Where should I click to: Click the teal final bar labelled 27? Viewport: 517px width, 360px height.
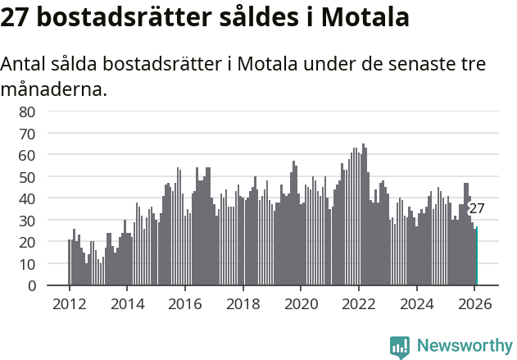476,257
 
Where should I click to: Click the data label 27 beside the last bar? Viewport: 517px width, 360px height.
476,208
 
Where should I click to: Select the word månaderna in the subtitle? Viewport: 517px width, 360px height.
54,89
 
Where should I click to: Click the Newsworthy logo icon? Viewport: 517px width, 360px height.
400,347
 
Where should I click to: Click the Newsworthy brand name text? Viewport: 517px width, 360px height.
464,347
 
